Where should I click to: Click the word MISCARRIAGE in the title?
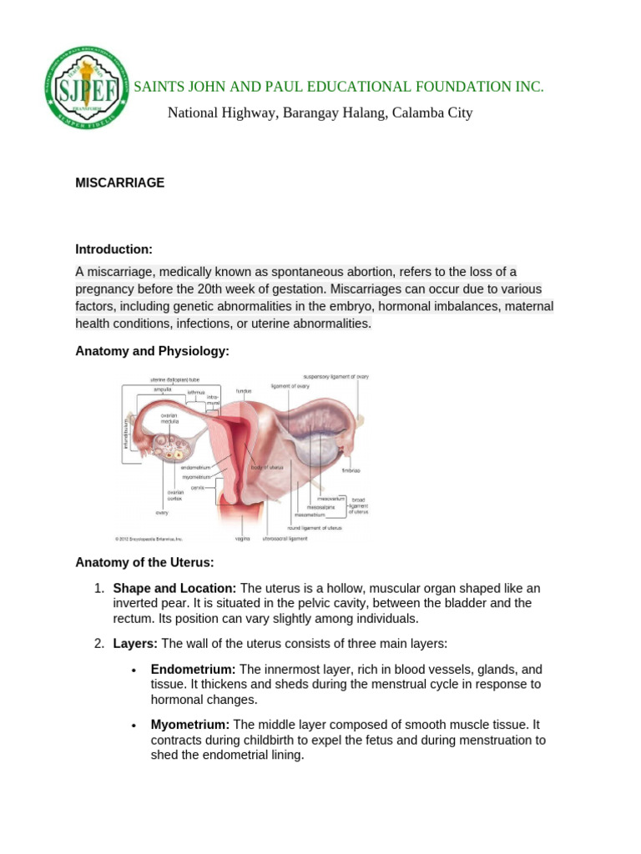120,183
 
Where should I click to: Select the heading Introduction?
114,249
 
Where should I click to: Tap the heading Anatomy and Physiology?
152,352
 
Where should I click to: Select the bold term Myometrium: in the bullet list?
190,725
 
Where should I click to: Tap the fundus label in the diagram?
244,390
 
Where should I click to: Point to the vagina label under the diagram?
243,539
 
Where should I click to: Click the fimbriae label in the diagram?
351,470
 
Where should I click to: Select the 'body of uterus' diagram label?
268,468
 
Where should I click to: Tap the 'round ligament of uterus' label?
314,528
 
